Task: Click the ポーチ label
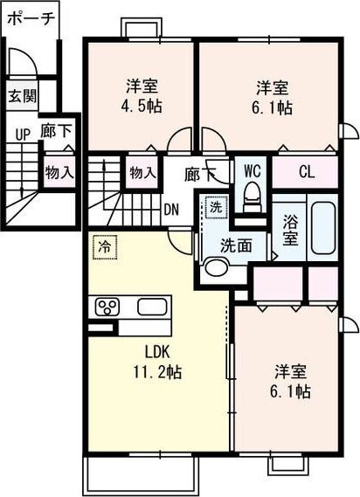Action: click(29, 17)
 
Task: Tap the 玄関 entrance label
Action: click(23, 95)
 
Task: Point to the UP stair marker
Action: click(22, 135)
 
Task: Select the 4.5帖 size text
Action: click(142, 107)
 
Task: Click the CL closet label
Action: click(306, 171)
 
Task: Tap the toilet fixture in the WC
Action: click(253, 199)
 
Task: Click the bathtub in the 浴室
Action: click(324, 227)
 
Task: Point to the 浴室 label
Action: click(290, 228)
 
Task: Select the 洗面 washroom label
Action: click(235, 245)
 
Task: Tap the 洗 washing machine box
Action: click(213, 209)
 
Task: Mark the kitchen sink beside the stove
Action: click(152, 307)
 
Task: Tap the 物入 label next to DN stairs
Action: click(142, 173)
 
